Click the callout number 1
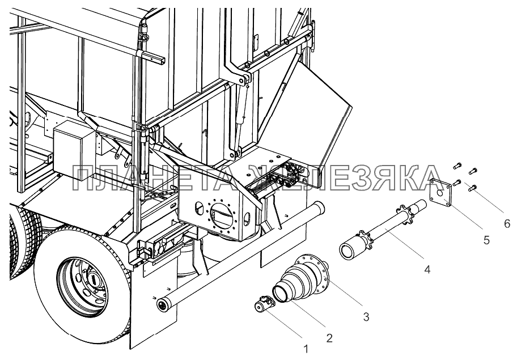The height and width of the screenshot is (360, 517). point(306,349)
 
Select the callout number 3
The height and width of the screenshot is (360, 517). point(366,317)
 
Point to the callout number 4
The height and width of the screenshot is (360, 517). point(427,269)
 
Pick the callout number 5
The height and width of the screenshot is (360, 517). point(486,240)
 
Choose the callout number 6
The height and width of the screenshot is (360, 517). point(507,224)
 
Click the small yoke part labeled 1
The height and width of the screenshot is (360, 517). point(263,304)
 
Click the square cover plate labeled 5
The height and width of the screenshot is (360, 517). point(440,192)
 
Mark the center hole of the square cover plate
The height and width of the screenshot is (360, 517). point(440,193)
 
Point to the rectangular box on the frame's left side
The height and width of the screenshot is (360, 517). point(74,150)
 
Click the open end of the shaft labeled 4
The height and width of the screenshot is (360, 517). point(347,251)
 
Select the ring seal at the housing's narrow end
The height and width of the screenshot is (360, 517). point(281,294)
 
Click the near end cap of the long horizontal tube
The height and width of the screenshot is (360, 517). point(163,304)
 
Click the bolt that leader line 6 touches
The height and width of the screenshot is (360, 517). point(472,188)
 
